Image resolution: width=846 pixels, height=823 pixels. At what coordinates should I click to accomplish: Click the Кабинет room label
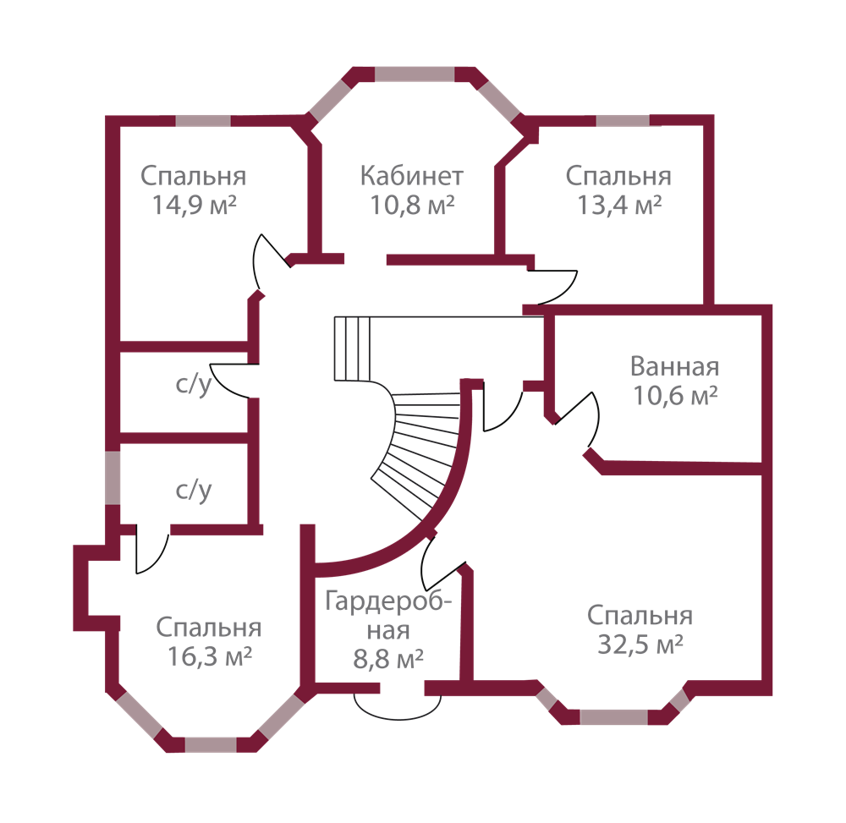click(412, 177)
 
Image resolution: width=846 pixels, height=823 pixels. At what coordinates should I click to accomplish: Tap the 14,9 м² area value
click(194, 206)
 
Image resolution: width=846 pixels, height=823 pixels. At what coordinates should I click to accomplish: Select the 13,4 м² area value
click(618, 206)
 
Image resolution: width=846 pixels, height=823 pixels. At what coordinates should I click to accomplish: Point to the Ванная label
click(675, 367)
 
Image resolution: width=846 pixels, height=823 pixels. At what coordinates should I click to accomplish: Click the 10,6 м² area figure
click(675, 395)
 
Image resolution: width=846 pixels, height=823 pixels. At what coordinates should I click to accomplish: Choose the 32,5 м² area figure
click(640, 645)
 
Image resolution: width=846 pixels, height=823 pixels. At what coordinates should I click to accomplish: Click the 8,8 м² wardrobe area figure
click(388, 659)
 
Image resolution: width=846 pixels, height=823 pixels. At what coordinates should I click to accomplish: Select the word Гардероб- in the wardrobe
click(388, 602)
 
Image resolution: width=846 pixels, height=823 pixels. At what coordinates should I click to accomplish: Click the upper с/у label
click(193, 386)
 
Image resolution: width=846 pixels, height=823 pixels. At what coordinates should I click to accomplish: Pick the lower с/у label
click(193, 490)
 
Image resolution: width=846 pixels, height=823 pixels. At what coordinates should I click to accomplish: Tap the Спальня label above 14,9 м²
click(194, 177)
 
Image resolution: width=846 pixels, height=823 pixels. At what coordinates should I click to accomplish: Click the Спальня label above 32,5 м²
click(640, 616)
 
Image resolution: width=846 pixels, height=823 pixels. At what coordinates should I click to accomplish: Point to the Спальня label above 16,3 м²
click(210, 628)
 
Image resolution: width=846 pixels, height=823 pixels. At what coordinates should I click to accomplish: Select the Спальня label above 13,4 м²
click(618, 177)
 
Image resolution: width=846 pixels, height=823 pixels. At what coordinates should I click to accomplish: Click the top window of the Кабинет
click(415, 74)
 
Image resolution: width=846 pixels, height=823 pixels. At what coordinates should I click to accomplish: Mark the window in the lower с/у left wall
click(112, 478)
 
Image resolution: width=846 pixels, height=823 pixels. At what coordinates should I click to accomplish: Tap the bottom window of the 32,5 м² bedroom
click(613, 718)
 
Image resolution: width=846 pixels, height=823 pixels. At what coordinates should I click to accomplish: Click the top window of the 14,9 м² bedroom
click(203, 120)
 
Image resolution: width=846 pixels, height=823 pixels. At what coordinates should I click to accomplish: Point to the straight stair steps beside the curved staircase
click(353, 347)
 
